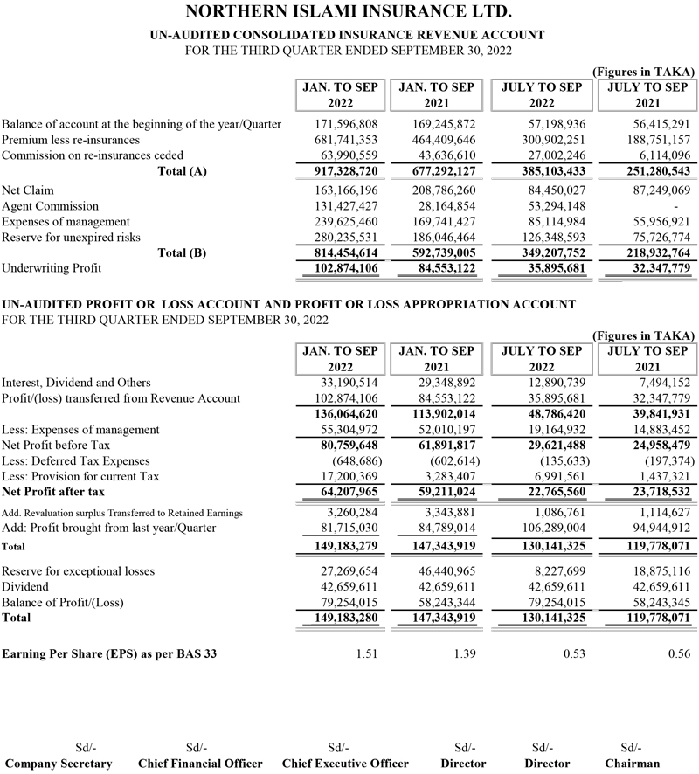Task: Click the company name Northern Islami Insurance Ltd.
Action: pos(349,13)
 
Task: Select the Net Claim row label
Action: pos(24,190)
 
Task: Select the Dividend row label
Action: pos(25,587)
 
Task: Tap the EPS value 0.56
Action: pos(677,653)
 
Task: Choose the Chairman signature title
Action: pos(633,763)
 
